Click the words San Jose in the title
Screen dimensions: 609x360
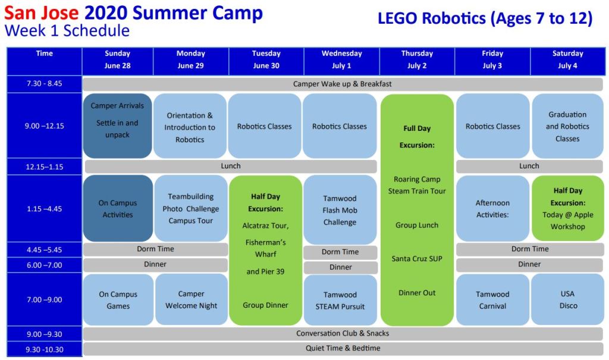(42, 12)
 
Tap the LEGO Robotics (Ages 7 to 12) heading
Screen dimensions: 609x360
(485, 18)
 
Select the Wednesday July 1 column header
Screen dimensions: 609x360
(342, 60)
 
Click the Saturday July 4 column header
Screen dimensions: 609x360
(567, 60)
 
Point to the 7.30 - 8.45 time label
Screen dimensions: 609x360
(44, 83)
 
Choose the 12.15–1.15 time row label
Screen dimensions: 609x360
(44, 167)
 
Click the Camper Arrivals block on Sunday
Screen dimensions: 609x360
(117, 126)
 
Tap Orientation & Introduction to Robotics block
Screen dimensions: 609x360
(190, 126)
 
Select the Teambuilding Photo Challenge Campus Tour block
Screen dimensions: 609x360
(191, 208)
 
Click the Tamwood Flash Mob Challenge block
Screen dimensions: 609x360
(340, 210)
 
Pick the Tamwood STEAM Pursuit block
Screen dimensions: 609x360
(340, 300)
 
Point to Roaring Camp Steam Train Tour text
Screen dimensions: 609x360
(417, 185)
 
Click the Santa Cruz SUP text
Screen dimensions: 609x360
(417, 258)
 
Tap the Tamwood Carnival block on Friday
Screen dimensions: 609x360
(492, 300)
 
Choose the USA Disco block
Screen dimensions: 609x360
(568, 299)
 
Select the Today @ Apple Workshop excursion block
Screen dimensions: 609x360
(568, 208)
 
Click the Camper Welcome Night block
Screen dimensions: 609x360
(191, 299)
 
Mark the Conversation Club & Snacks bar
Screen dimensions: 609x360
(343, 334)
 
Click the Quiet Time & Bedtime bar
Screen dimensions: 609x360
(343, 348)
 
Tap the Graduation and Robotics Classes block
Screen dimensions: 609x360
(567, 126)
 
